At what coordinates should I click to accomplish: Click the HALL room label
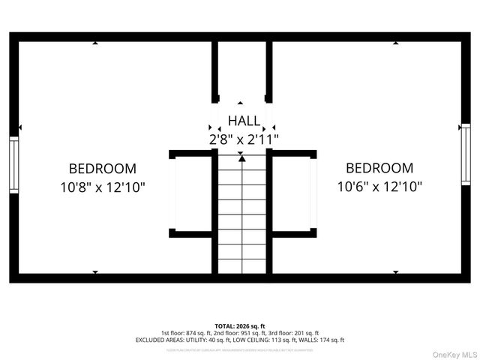coord(244,121)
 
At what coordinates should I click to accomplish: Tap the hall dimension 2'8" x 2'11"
coord(244,139)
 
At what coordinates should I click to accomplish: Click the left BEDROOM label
coord(103,169)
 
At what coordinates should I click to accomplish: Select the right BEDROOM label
coord(379,169)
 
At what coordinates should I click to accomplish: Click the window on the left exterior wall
coord(13,164)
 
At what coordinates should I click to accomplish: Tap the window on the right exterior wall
coord(466,155)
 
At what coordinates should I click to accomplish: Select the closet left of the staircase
coord(191,194)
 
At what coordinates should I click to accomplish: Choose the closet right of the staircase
coord(292,194)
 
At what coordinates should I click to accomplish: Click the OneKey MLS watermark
coord(453,354)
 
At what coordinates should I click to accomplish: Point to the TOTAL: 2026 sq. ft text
coord(240,325)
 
